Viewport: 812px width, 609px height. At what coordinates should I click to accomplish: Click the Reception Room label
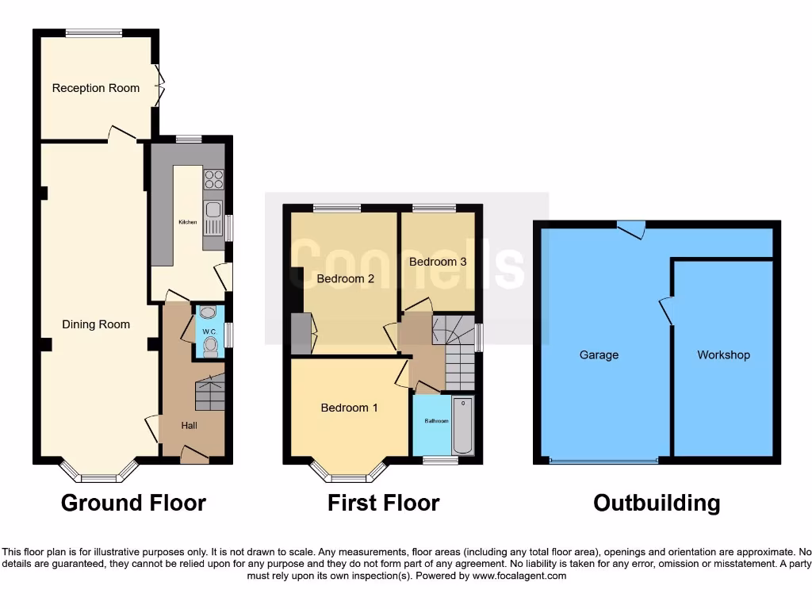click(95, 88)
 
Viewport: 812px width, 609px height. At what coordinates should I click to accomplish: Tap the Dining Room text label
click(96, 324)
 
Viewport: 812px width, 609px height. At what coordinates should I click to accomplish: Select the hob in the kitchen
click(213, 179)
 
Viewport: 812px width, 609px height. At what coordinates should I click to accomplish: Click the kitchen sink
click(213, 210)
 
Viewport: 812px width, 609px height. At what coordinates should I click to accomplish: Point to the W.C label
click(209, 331)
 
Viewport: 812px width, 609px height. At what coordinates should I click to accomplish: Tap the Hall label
click(189, 426)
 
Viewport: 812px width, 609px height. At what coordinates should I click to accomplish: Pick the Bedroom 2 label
click(345, 278)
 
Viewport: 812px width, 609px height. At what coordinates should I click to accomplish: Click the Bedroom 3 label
click(438, 262)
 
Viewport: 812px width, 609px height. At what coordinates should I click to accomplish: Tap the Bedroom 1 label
click(349, 408)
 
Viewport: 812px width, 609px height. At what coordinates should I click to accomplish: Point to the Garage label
click(599, 355)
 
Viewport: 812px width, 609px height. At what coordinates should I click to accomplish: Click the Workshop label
click(723, 355)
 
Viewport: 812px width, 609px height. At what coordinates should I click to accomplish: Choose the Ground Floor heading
click(133, 503)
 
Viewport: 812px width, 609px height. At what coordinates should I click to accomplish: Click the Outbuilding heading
click(657, 503)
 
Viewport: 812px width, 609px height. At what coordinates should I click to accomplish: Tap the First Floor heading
click(383, 503)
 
